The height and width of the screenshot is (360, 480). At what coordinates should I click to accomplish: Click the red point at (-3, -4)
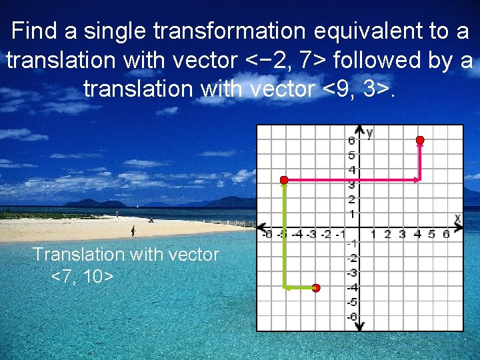pyautogui.click(x=316, y=288)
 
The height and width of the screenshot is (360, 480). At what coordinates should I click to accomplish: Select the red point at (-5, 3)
pyautogui.click(x=283, y=180)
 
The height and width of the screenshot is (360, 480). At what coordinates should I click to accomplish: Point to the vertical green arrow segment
pyautogui.click(x=285, y=233)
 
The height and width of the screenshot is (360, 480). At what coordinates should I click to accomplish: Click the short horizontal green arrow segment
pyautogui.click(x=300, y=288)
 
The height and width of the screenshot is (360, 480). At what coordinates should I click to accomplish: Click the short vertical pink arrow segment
pyautogui.click(x=420, y=160)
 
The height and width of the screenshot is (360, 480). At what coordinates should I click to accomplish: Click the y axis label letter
pyautogui.click(x=369, y=132)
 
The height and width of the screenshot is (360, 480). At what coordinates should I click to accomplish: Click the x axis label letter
pyautogui.click(x=458, y=218)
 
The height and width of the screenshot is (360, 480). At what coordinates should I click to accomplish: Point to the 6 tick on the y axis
pyautogui.click(x=351, y=141)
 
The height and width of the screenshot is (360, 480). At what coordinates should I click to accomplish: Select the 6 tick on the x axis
pyautogui.click(x=446, y=234)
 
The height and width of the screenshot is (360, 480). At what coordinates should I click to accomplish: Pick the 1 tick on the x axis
pyautogui.click(x=373, y=234)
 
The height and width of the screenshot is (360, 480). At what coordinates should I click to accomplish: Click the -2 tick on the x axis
pyautogui.click(x=325, y=234)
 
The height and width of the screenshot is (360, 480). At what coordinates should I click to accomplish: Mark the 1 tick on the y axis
pyautogui.click(x=351, y=214)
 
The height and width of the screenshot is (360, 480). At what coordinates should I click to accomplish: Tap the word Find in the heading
pyautogui.click(x=35, y=31)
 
